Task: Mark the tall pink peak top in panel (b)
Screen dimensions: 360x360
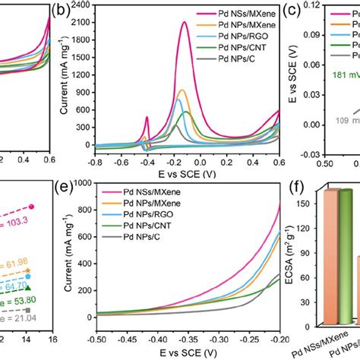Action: coord(185,23)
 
